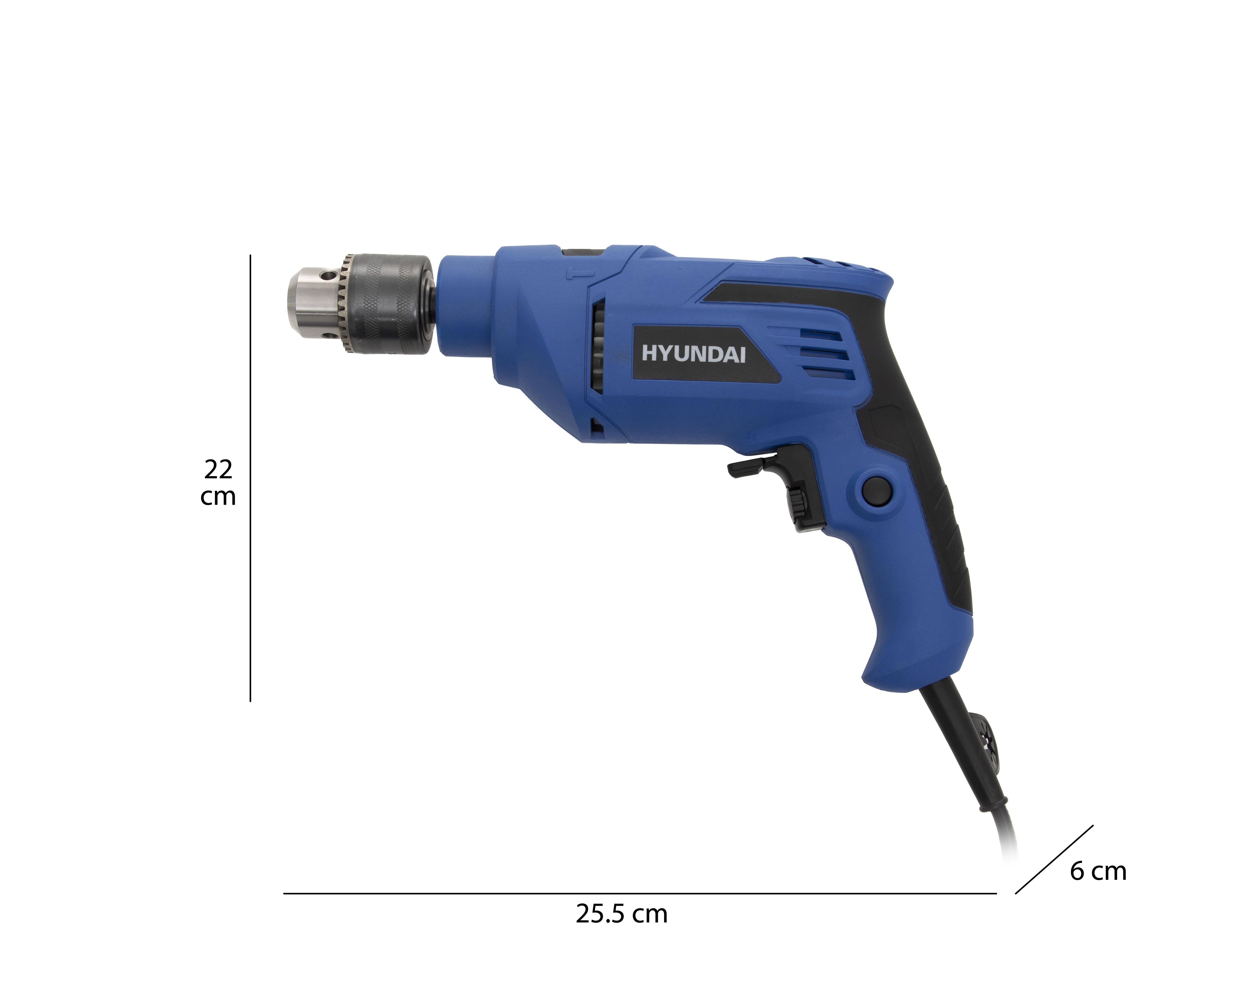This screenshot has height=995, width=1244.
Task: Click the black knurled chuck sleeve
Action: (391, 304)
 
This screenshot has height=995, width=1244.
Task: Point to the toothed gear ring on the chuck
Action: (346, 304)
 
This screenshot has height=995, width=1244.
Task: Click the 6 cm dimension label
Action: (1098, 871)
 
